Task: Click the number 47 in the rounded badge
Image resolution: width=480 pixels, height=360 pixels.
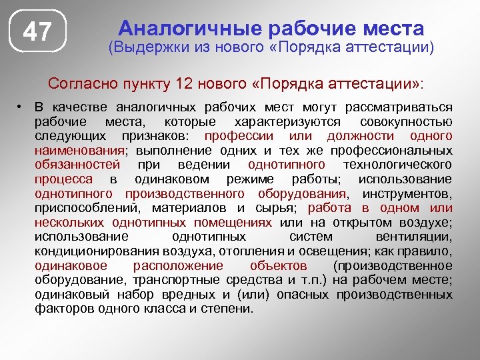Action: pyautogui.click(x=38, y=32)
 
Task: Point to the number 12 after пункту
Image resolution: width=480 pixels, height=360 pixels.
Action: pyautogui.click(x=184, y=85)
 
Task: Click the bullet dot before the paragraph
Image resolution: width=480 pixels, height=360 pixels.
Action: pyautogui.click(x=21, y=107)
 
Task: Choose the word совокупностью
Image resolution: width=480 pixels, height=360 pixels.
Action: pyautogui.click(x=406, y=122)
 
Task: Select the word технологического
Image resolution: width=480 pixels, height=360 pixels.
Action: pyautogui.click(x=397, y=165)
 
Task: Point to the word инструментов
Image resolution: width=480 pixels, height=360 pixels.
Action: pyautogui.click(x=407, y=193)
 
